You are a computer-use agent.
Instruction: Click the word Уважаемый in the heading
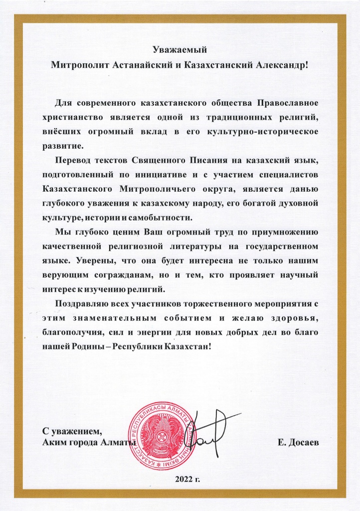click(179, 49)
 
